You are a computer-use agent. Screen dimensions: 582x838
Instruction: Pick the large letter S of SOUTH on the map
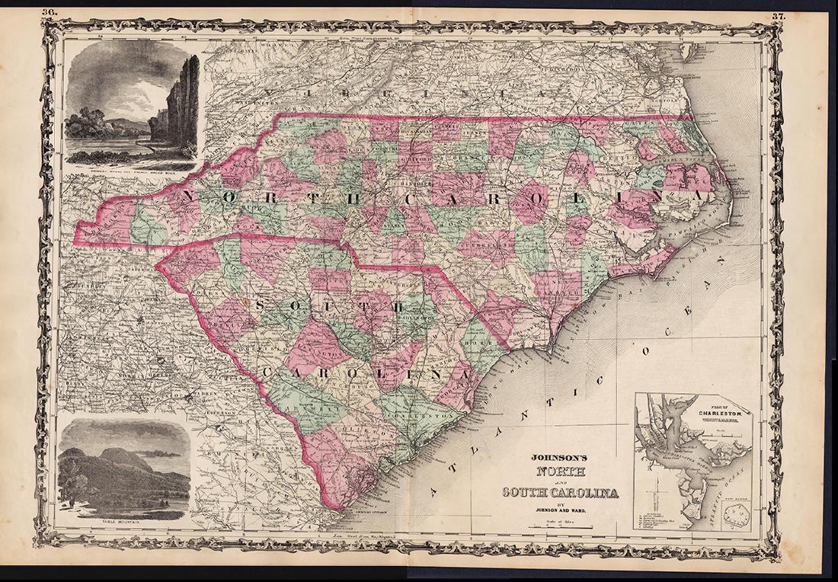tap(264, 305)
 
